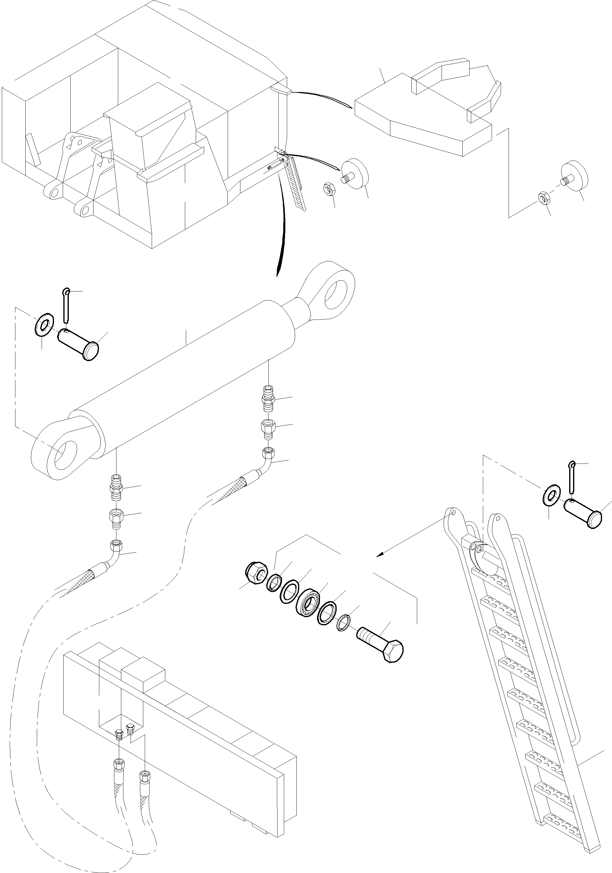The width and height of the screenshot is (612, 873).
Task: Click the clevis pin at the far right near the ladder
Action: [583, 513]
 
